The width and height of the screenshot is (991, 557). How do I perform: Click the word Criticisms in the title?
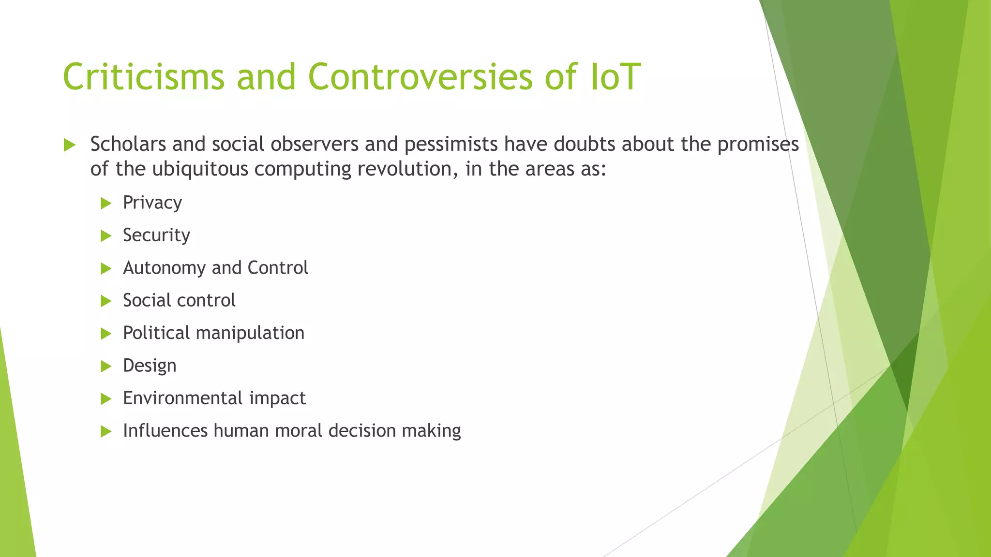point(143,76)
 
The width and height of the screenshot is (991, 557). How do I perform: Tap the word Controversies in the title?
point(420,76)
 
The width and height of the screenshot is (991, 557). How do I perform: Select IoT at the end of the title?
point(616,76)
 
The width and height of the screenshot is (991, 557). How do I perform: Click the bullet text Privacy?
point(152,203)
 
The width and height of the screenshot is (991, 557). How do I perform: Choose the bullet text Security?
point(156,235)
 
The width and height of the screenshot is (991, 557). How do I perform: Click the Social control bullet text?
point(179,301)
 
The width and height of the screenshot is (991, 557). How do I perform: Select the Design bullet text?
point(150,366)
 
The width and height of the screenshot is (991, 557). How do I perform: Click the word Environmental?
point(183,398)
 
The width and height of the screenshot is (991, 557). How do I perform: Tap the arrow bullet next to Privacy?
point(106,204)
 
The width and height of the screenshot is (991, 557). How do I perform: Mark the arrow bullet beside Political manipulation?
point(106,334)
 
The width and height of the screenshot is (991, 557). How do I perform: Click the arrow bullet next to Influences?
point(106,431)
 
